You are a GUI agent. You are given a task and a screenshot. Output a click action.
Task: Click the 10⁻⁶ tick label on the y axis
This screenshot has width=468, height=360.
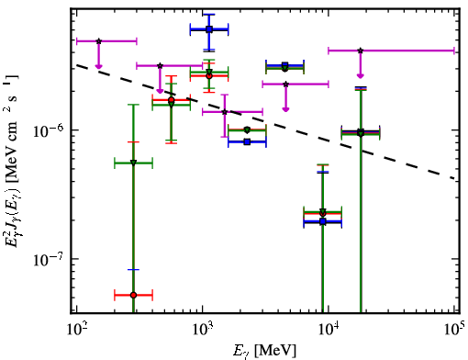click(49, 130)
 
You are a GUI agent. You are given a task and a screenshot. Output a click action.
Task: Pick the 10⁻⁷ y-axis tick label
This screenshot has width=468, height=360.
click(49, 259)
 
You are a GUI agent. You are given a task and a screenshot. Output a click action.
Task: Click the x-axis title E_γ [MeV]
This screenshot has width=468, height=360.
click(264, 351)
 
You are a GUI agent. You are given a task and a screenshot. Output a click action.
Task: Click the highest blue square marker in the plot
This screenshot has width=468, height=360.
click(209, 29)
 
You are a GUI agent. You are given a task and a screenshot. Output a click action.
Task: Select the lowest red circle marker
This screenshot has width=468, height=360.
click(133, 295)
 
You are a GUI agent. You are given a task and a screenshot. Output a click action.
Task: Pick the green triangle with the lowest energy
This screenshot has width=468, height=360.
click(133, 163)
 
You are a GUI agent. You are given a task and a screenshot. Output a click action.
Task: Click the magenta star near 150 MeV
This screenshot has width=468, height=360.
click(98, 41)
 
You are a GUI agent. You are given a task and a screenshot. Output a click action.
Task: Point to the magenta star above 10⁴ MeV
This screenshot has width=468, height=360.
click(361, 51)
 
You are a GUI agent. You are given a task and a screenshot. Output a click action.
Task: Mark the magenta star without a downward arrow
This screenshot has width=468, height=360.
click(225, 112)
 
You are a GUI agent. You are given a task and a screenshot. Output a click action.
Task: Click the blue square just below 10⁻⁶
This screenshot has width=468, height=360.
click(247, 141)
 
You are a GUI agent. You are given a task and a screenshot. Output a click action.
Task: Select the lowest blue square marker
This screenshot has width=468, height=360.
click(323, 221)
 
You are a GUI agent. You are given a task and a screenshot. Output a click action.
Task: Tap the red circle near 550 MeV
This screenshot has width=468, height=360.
click(172, 100)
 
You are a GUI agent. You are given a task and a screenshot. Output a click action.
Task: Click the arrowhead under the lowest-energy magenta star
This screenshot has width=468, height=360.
click(98, 66)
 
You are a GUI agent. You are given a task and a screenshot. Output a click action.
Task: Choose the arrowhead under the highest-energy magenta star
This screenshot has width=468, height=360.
click(361, 75)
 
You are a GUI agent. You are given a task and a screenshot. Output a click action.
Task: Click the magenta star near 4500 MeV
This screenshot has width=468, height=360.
click(285, 84)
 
